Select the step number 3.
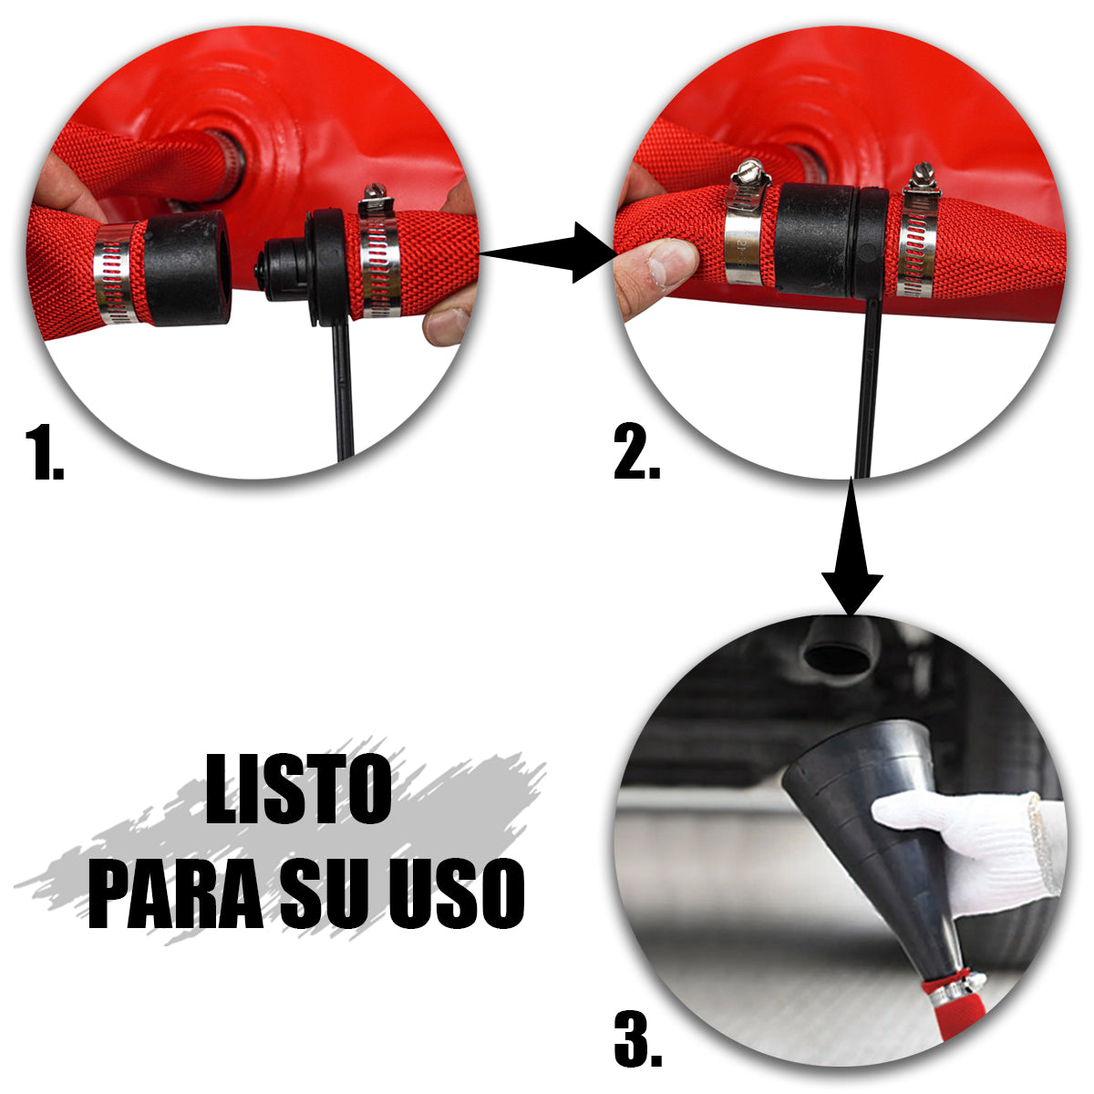tap(638, 1037)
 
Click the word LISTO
tap(298, 790)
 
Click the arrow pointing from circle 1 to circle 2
tap(547, 255)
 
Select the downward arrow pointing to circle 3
tap(851, 556)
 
